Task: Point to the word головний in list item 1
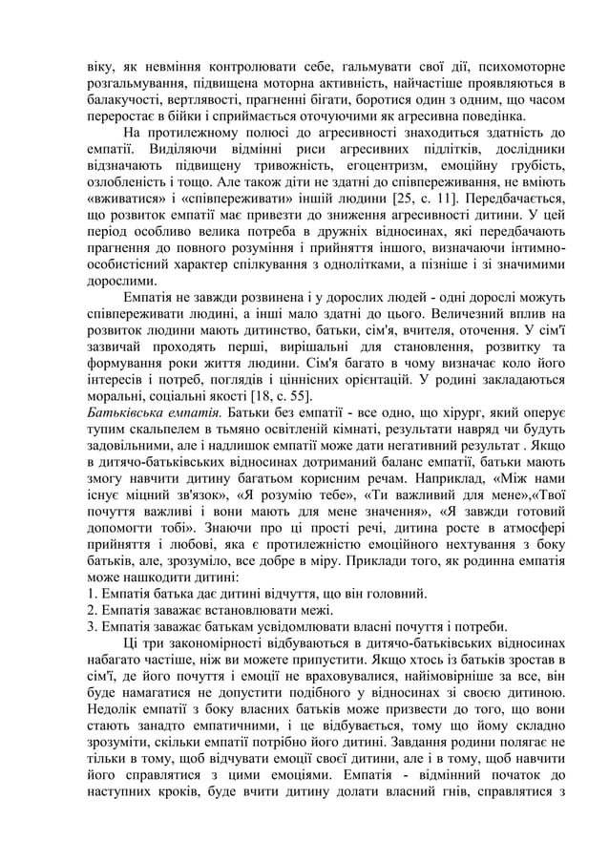[398, 594]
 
